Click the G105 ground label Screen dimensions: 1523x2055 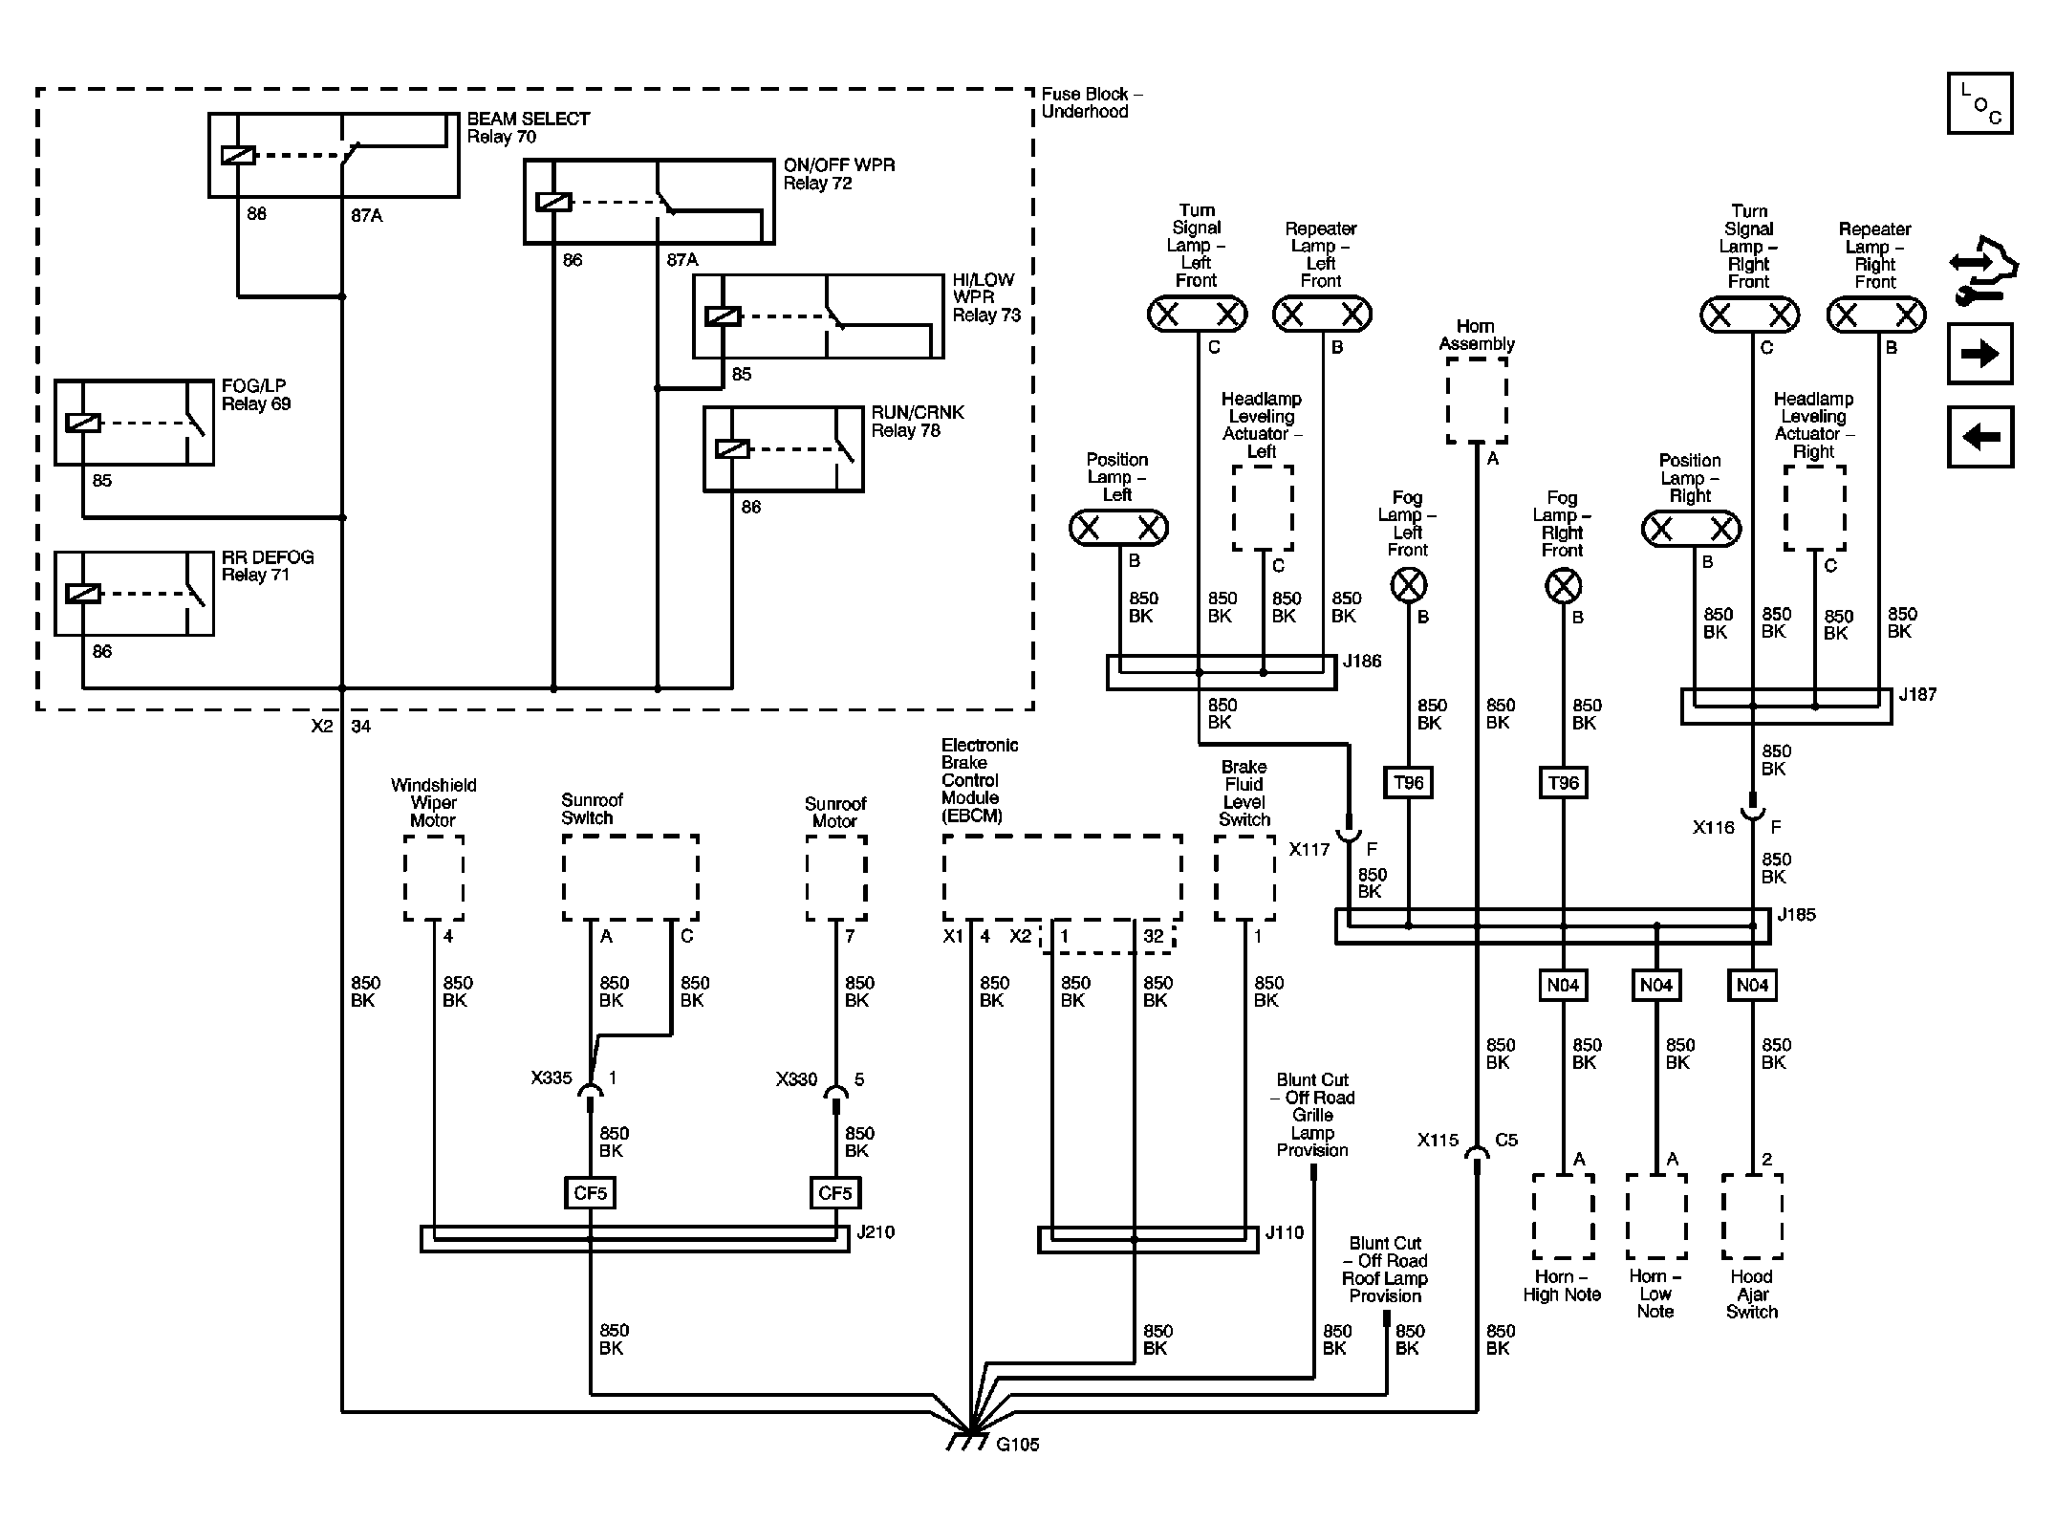1017,1445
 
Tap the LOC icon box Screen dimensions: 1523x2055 1979,103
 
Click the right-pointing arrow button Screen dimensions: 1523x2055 1979,354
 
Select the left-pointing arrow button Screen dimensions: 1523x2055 1979,437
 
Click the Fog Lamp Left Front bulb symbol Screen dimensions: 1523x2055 1408,585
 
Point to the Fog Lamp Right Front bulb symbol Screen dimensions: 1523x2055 1563,586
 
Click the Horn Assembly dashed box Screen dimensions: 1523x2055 1476,400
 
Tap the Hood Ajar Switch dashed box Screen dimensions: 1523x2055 1751,1216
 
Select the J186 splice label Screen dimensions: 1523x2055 1361,662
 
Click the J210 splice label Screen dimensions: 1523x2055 875,1232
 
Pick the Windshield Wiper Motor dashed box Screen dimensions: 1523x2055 433,878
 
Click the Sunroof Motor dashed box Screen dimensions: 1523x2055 835,878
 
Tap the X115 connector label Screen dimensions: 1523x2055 1438,1141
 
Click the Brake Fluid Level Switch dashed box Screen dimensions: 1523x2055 1244,878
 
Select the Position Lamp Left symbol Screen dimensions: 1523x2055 1117,528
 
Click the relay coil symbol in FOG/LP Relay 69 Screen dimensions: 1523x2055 83,422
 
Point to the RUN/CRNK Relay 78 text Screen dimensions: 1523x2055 917,422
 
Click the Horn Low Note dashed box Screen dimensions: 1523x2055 1655,1216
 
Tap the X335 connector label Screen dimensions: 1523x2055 552,1078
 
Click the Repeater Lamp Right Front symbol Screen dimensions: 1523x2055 1875,315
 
